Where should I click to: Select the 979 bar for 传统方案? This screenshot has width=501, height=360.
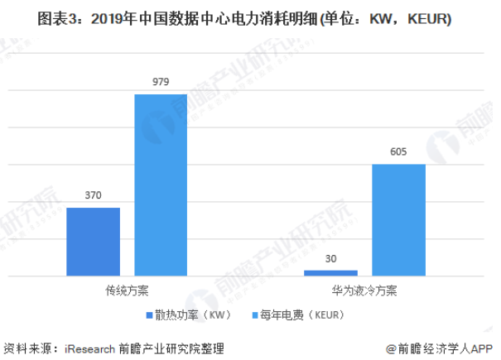161,184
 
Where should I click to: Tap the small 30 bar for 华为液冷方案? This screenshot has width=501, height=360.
330,272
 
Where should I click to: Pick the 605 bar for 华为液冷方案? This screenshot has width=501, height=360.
398,219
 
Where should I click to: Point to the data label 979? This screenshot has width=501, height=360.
161,82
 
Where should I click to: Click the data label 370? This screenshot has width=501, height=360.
93,195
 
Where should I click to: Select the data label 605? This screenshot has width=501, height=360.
398,152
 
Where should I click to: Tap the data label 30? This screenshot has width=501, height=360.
330,259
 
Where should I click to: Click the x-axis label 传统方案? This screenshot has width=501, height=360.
127,291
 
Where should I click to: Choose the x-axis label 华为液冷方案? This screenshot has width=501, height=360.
364,291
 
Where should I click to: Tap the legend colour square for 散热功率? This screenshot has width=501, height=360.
147,315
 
